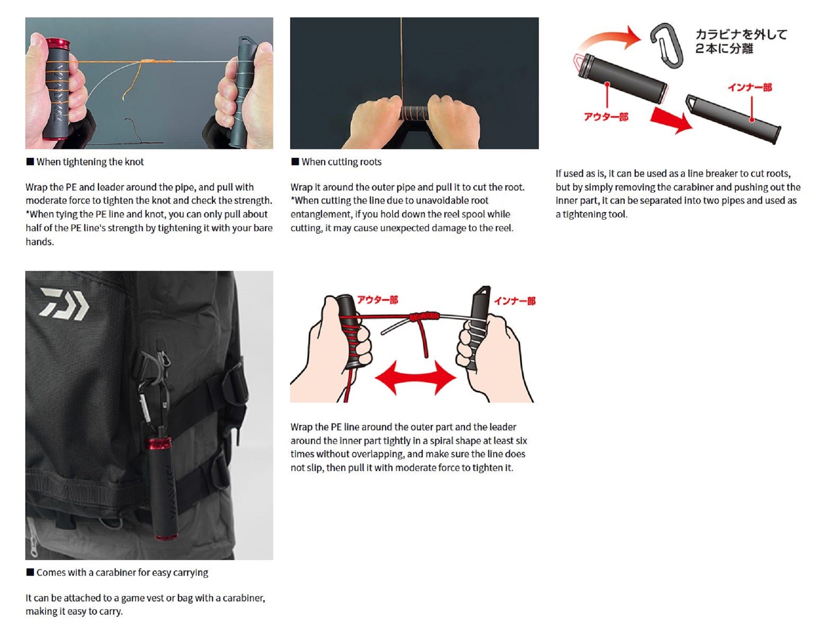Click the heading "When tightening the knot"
(90, 162)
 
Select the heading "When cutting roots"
(341, 162)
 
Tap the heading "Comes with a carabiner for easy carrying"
(122, 572)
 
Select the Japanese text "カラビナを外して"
(741, 34)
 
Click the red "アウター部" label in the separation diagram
(606, 117)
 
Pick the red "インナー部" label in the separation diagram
(750, 87)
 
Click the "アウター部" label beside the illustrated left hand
(378, 300)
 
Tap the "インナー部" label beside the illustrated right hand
(515, 301)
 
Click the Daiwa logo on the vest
(64, 304)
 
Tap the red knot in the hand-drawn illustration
(424, 317)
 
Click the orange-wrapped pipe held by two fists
(414, 113)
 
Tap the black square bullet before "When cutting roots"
(295, 162)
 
